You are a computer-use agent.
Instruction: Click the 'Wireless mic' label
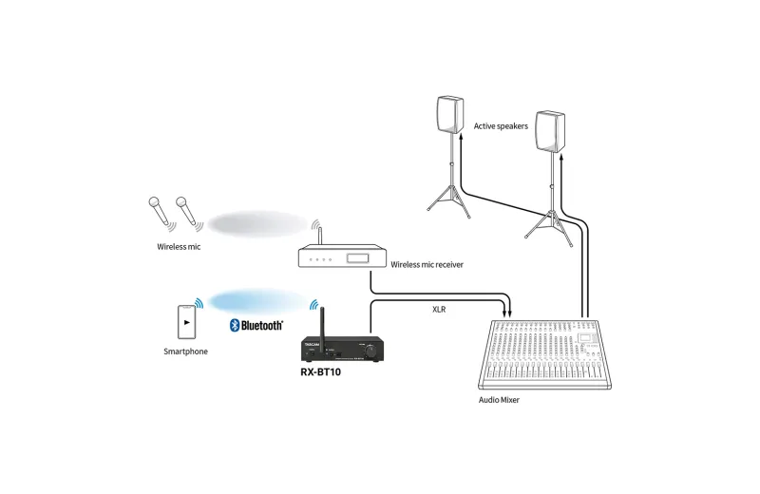(179, 247)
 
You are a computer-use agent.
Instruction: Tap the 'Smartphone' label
(185, 351)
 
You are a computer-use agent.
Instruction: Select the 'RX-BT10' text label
(320, 372)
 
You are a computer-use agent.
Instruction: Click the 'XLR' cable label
(439, 310)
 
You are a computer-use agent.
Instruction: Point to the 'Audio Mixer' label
(499, 400)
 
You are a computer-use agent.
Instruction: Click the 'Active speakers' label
(501, 126)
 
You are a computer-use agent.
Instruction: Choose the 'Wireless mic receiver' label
(427, 265)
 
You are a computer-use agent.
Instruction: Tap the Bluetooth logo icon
(235, 325)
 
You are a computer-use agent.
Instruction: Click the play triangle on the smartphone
(187, 322)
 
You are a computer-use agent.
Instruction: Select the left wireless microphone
(160, 210)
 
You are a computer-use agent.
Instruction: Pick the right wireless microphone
(187, 210)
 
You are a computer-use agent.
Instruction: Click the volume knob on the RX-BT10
(371, 351)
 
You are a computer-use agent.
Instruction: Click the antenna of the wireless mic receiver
(320, 237)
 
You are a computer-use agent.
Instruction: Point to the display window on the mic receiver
(357, 258)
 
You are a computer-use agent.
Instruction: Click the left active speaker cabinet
(450, 114)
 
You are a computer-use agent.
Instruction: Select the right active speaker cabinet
(550, 131)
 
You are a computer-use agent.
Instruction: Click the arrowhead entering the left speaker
(461, 138)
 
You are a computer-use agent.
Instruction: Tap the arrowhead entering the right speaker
(561, 159)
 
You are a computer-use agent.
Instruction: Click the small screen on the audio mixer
(585, 337)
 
